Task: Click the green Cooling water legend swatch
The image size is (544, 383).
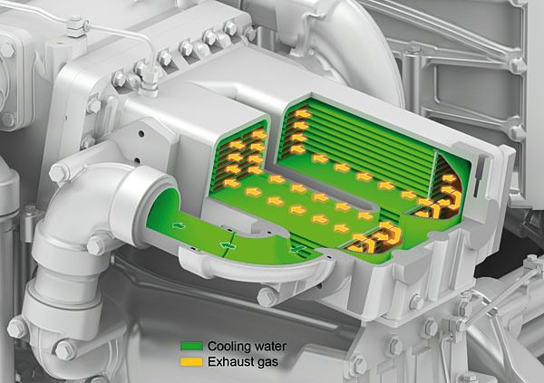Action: pos(191,346)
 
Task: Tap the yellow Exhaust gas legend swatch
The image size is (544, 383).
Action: pos(191,362)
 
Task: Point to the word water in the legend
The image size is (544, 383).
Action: pos(270,346)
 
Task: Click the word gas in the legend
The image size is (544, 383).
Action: pos(267,363)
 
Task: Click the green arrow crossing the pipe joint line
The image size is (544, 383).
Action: pos(228,245)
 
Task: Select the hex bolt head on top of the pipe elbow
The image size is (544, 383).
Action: pos(60,172)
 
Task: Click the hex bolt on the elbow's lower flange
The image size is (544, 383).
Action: pos(96,245)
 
